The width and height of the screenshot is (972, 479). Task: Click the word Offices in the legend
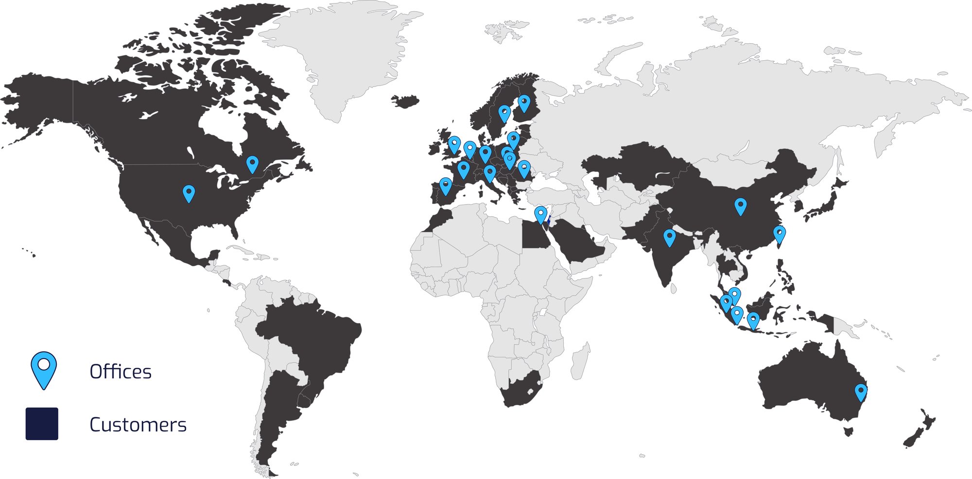click(121, 372)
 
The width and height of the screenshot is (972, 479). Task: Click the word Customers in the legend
click(138, 425)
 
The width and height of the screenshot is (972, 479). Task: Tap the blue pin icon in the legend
click(44, 369)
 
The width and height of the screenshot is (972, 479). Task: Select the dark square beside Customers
click(42, 424)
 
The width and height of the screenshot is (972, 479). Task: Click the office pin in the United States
click(189, 193)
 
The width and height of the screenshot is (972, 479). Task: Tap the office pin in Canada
click(252, 164)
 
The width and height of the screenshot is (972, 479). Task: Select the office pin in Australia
click(861, 392)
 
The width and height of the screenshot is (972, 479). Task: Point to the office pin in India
click(669, 237)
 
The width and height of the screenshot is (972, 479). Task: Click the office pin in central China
click(740, 206)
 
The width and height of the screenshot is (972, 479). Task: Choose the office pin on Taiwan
click(779, 234)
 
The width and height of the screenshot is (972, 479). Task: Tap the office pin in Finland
click(524, 103)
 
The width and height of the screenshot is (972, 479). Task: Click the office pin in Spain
click(445, 186)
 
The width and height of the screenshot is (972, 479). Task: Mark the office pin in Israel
click(540, 214)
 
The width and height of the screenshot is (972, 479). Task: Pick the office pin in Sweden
click(504, 113)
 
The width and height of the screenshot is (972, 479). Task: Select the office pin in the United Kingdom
click(454, 144)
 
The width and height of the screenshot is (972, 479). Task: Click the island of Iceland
click(405, 101)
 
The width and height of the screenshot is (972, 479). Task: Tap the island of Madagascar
click(580, 362)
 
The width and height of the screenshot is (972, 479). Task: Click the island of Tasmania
click(849, 431)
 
